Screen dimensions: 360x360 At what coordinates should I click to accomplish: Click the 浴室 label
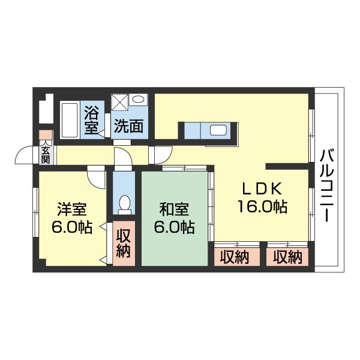click(92, 119)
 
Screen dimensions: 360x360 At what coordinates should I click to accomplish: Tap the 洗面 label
click(128, 126)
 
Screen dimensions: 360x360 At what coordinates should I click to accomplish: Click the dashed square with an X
click(119, 103)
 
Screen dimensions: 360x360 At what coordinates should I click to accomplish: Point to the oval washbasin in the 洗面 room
click(139, 100)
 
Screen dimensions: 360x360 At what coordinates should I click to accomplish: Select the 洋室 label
click(71, 210)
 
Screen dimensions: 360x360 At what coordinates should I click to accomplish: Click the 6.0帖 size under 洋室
click(71, 228)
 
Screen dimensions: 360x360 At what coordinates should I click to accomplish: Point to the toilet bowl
click(124, 204)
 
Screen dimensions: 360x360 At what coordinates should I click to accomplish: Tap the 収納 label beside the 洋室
click(124, 242)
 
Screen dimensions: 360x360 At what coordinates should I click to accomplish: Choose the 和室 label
click(174, 210)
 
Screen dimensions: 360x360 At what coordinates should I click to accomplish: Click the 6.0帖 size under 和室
click(174, 228)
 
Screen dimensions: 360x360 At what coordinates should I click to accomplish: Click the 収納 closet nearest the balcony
click(288, 257)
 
